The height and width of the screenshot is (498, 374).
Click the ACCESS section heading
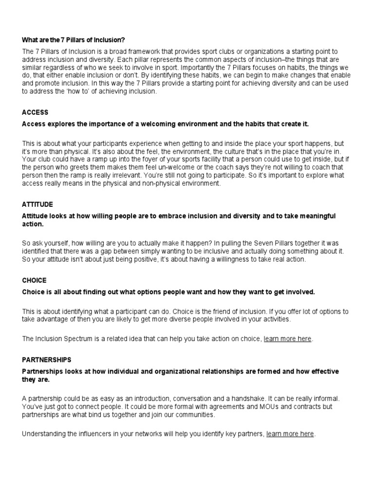(x=35, y=112)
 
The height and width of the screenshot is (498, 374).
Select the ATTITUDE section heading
(x=37, y=204)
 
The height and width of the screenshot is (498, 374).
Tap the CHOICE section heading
(x=34, y=281)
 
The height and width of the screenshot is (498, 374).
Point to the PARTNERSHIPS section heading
(x=47, y=360)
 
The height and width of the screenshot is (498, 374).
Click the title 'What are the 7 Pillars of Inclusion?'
(x=76, y=39)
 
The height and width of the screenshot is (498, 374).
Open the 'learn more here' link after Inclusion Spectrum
(x=287, y=339)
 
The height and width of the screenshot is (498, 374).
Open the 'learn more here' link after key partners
(x=290, y=434)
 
